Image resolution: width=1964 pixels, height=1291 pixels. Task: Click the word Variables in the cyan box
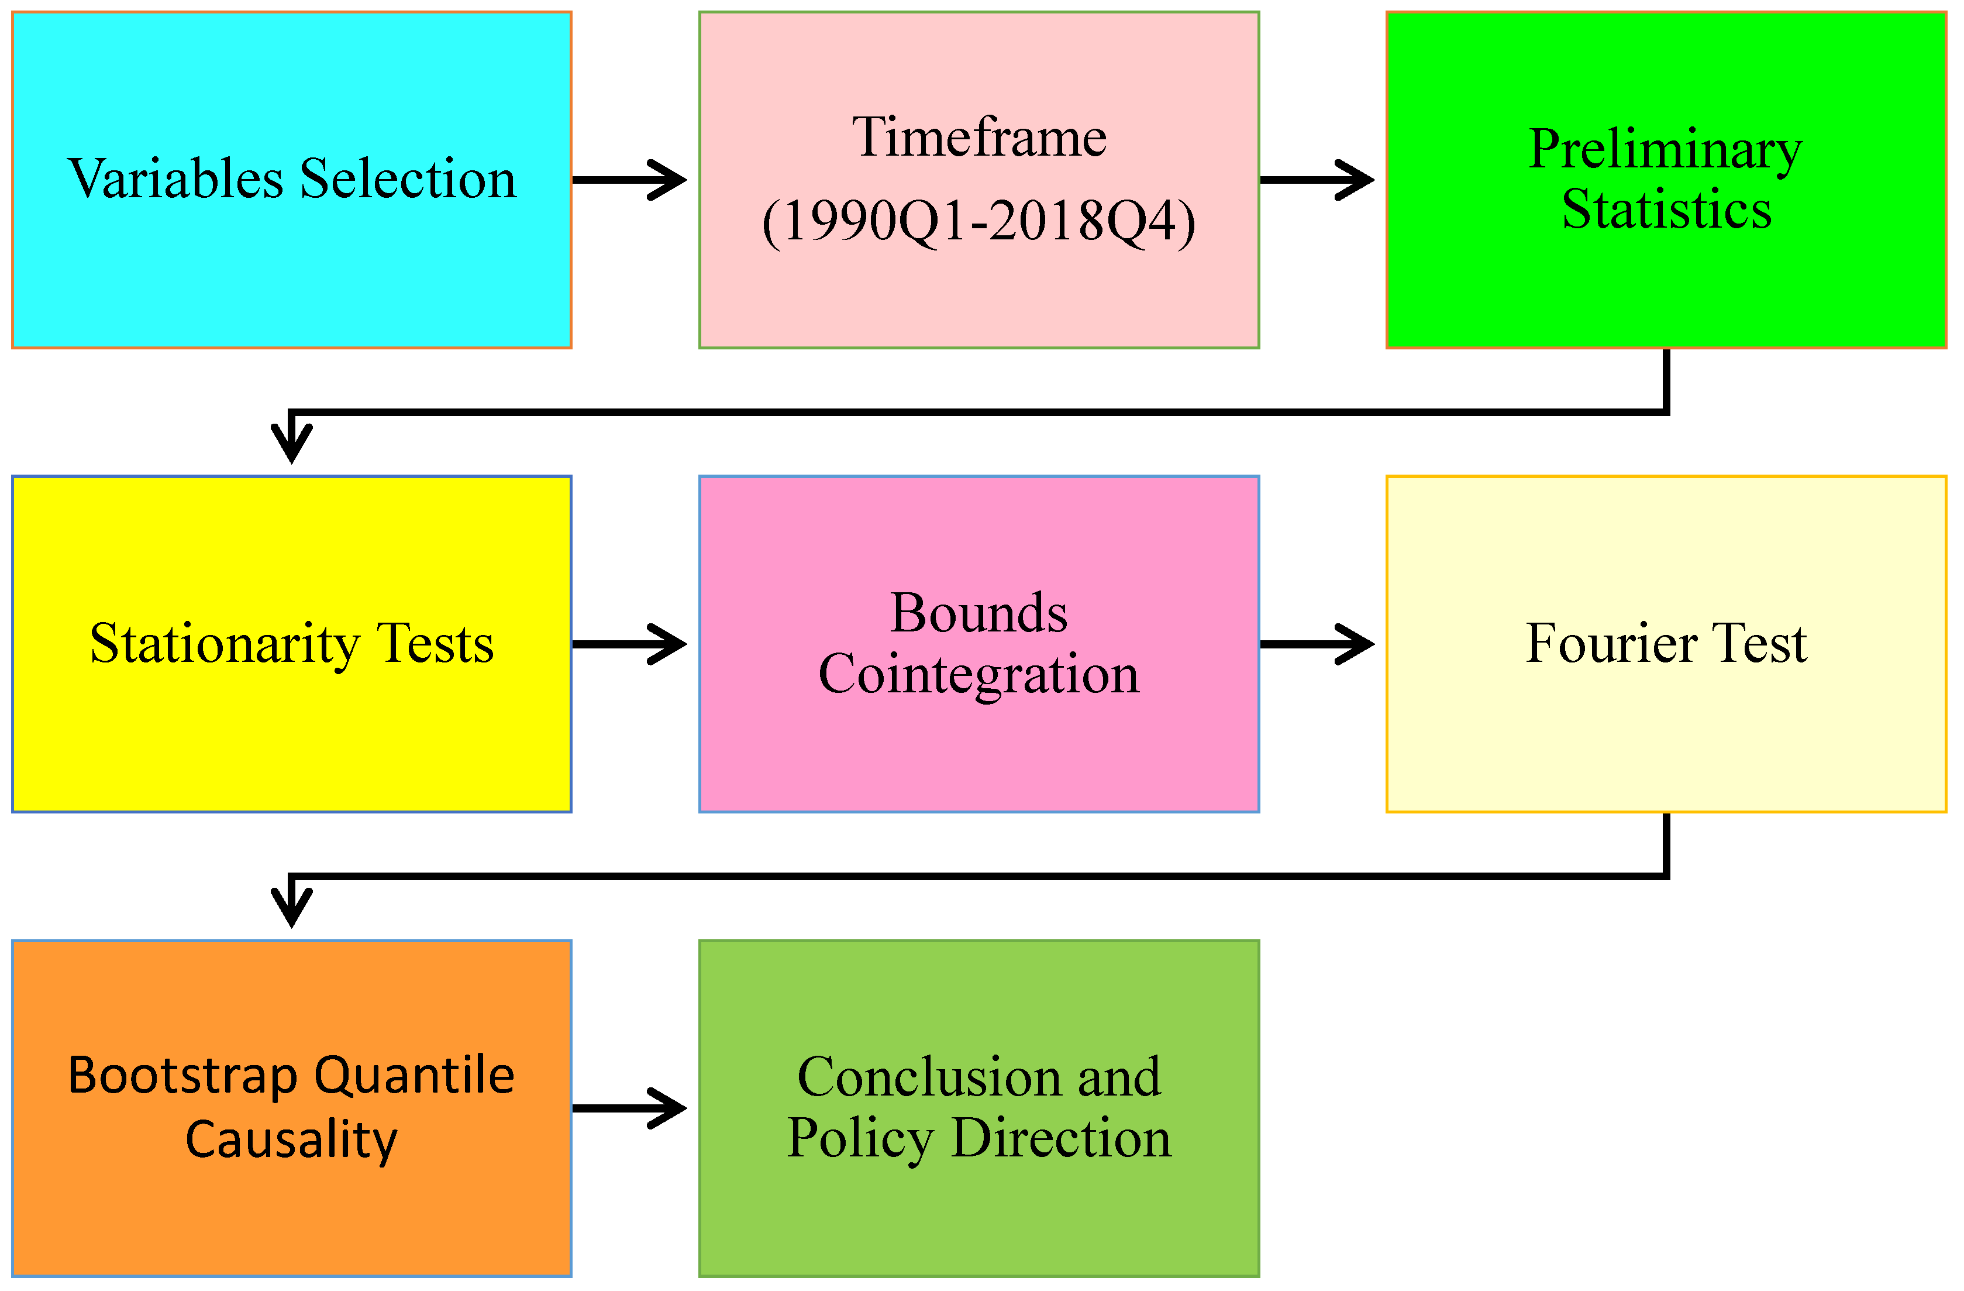pos(175,179)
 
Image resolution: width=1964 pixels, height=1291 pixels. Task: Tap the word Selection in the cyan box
pos(408,179)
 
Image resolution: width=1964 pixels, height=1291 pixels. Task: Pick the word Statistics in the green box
pos(1666,209)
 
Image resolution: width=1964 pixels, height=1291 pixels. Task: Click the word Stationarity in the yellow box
pos(225,644)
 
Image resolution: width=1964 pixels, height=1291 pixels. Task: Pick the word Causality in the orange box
pos(291,1139)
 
